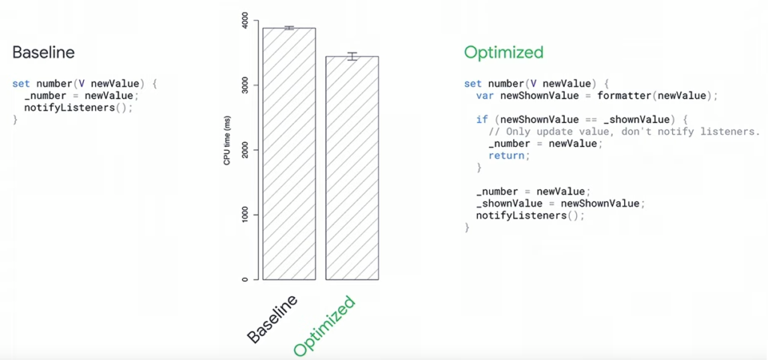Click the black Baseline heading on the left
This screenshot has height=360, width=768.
pyautogui.click(x=43, y=52)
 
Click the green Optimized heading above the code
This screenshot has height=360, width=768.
pyautogui.click(x=503, y=52)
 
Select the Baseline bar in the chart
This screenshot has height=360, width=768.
pyautogui.click(x=289, y=154)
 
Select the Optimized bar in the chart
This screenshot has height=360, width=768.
pyautogui.click(x=352, y=168)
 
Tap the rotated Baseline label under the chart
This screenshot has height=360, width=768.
pyautogui.click(x=271, y=318)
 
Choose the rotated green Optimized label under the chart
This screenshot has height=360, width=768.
pyautogui.click(x=324, y=325)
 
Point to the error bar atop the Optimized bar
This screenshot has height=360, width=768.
pyautogui.click(x=352, y=56)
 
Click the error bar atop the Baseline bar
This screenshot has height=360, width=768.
pyautogui.click(x=289, y=28)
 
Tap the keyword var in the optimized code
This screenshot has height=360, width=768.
pyautogui.click(x=485, y=95)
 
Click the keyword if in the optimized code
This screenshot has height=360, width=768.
pyautogui.click(x=482, y=119)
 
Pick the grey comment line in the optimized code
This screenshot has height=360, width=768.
pyautogui.click(x=624, y=132)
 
